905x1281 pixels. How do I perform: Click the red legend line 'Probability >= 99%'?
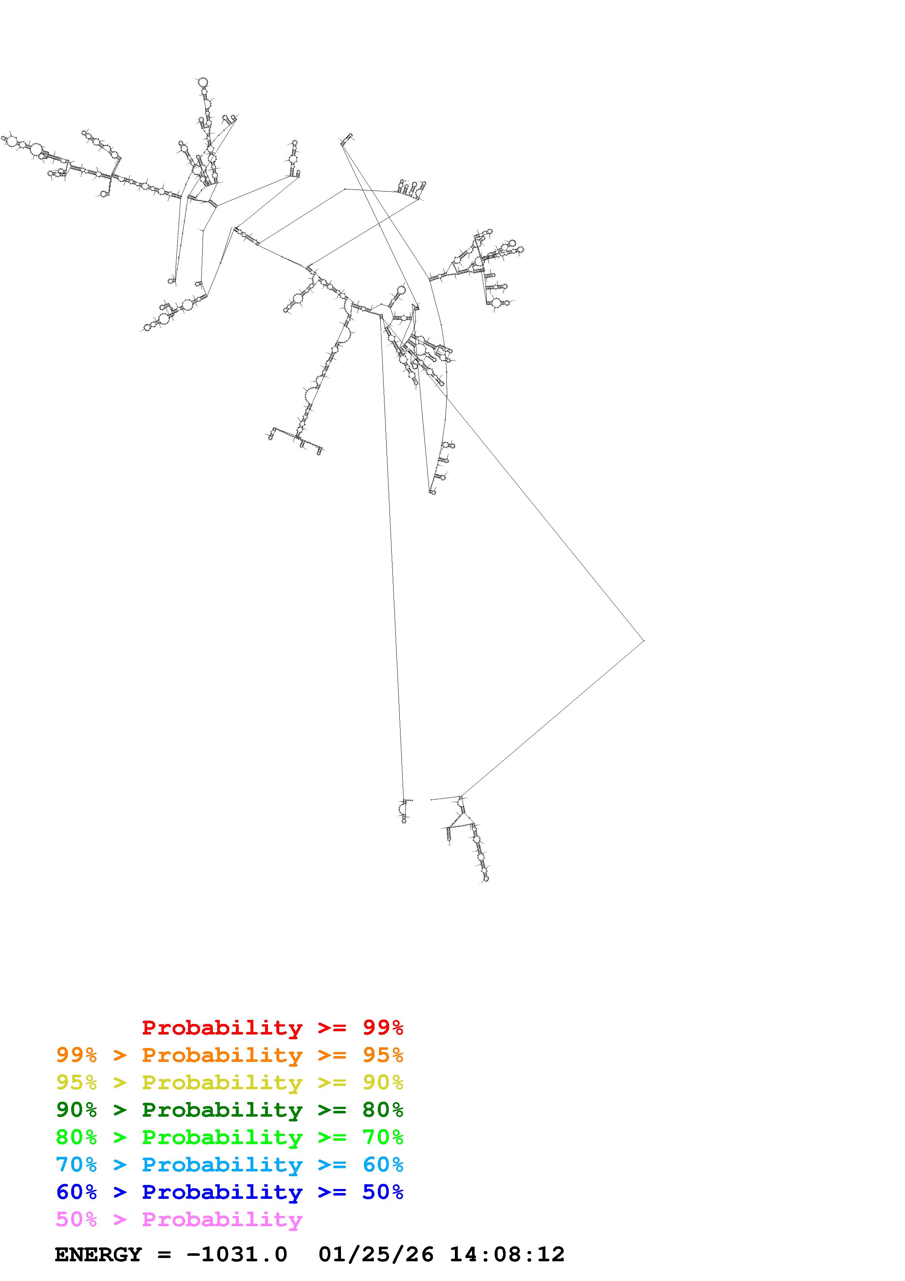coord(273,1027)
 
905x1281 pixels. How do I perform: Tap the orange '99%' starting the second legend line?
coord(76,1055)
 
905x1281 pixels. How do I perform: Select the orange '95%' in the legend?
coord(383,1055)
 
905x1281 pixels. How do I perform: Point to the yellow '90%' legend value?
coord(383,1082)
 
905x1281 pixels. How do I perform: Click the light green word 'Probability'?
coord(222,1137)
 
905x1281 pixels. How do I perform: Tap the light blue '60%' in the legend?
coord(383,1165)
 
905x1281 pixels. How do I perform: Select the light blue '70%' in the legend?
coord(76,1165)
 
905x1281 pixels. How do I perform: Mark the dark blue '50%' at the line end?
coord(383,1192)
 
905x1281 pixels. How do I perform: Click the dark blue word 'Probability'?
coord(222,1192)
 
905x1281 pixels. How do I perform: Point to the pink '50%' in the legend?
coord(76,1219)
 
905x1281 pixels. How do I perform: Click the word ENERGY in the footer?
coord(98,1254)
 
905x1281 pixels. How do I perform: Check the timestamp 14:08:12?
coord(507,1254)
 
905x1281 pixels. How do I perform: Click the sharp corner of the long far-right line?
coord(644,640)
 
